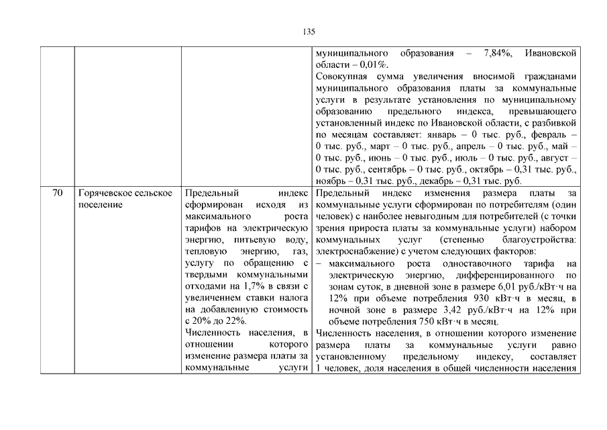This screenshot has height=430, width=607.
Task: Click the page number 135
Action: point(309,32)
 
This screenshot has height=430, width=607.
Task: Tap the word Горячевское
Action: point(102,193)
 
